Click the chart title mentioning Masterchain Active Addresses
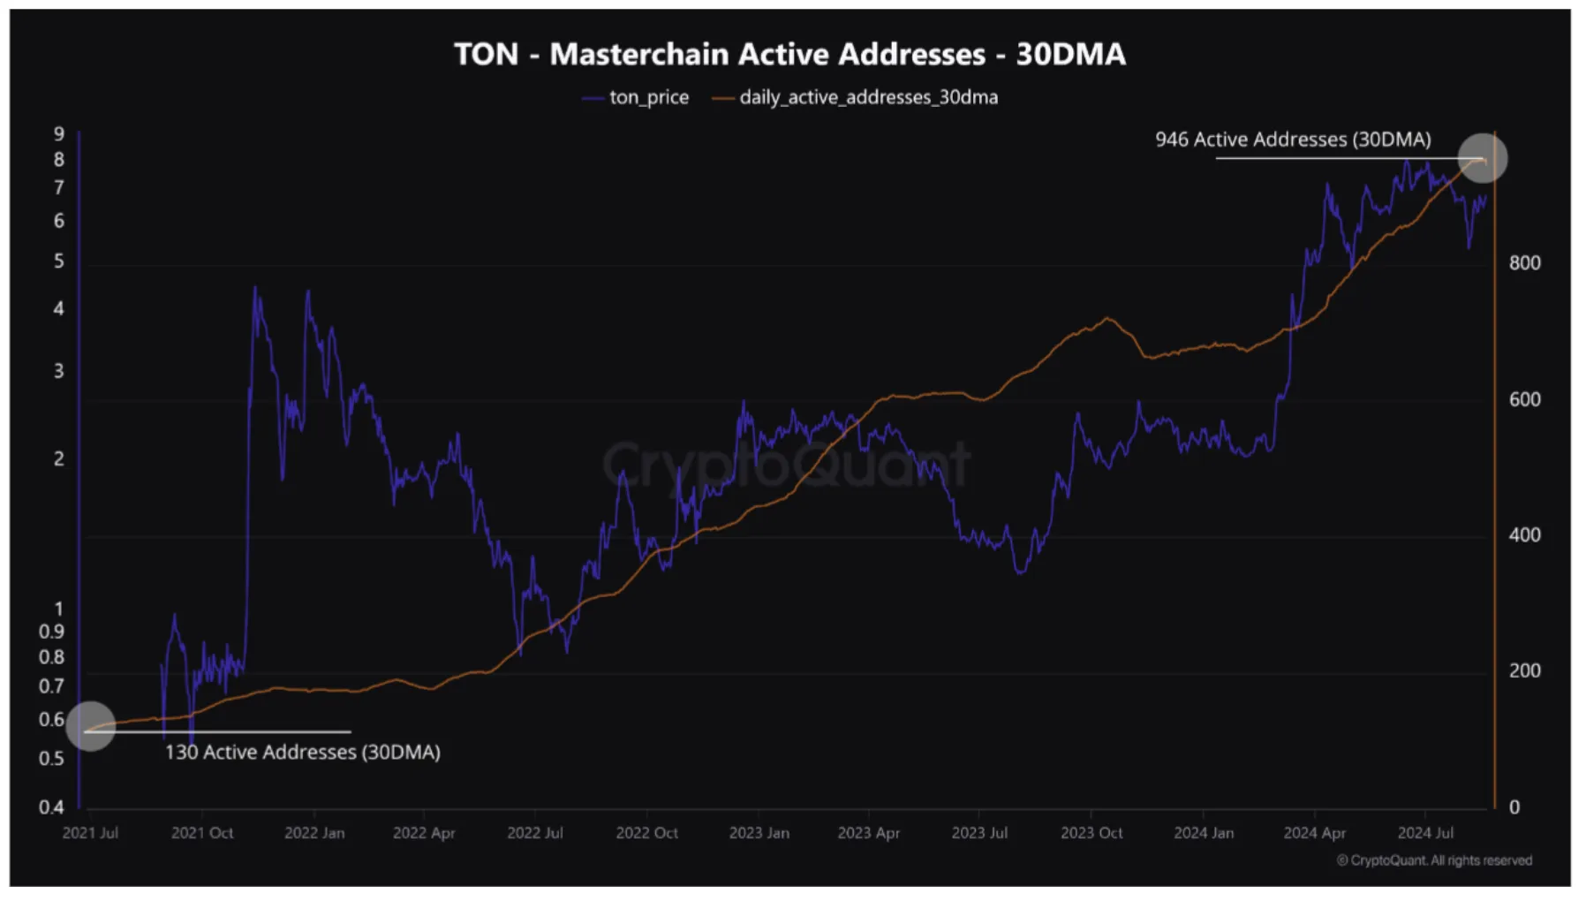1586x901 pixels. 789,54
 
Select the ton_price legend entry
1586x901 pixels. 647,97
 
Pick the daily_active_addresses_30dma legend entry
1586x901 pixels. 868,97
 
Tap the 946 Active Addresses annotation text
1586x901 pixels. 1292,140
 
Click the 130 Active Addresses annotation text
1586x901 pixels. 302,752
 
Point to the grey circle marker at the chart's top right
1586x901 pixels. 1482,158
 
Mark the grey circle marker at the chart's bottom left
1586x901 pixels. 91,726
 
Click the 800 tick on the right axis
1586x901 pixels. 1524,263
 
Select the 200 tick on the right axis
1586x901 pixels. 1524,671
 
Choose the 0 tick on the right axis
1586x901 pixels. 1514,807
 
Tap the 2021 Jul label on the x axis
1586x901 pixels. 90,833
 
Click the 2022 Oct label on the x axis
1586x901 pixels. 646,833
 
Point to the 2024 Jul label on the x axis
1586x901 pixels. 1424,833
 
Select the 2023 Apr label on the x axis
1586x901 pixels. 868,833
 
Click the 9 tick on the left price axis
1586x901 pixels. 59,134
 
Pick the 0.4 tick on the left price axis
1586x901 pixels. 51,806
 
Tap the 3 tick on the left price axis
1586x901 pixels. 59,371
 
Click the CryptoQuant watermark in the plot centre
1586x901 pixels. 786,463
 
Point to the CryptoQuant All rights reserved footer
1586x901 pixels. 1434,860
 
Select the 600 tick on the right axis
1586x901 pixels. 1524,399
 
